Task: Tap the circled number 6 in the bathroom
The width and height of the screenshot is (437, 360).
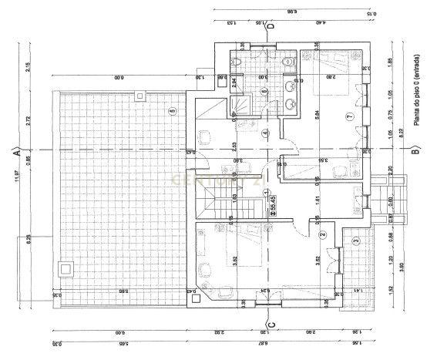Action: pos(264,91)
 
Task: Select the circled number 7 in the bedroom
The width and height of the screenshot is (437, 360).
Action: pos(348,116)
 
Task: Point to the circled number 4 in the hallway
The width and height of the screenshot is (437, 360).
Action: pos(264,133)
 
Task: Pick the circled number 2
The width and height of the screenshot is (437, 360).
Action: pos(322,234)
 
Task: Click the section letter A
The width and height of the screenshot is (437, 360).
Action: pos(15,151)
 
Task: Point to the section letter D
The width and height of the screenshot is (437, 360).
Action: pos(271,25)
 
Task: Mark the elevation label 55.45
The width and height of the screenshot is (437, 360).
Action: pos(273,205)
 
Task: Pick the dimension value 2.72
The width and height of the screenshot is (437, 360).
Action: pos(28,122)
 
